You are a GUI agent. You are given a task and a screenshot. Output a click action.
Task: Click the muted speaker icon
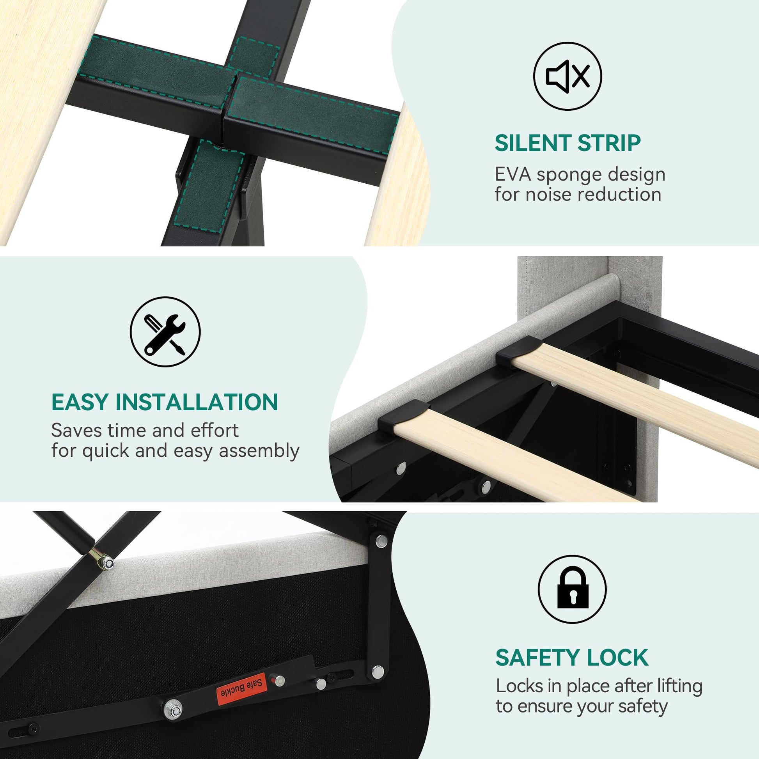pos(567,76)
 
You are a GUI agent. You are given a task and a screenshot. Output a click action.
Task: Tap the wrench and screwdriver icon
pos(165,332)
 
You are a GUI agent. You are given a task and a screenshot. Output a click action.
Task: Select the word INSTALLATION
pos(197,402)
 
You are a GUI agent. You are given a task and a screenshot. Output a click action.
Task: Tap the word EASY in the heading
pos(80,402)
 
